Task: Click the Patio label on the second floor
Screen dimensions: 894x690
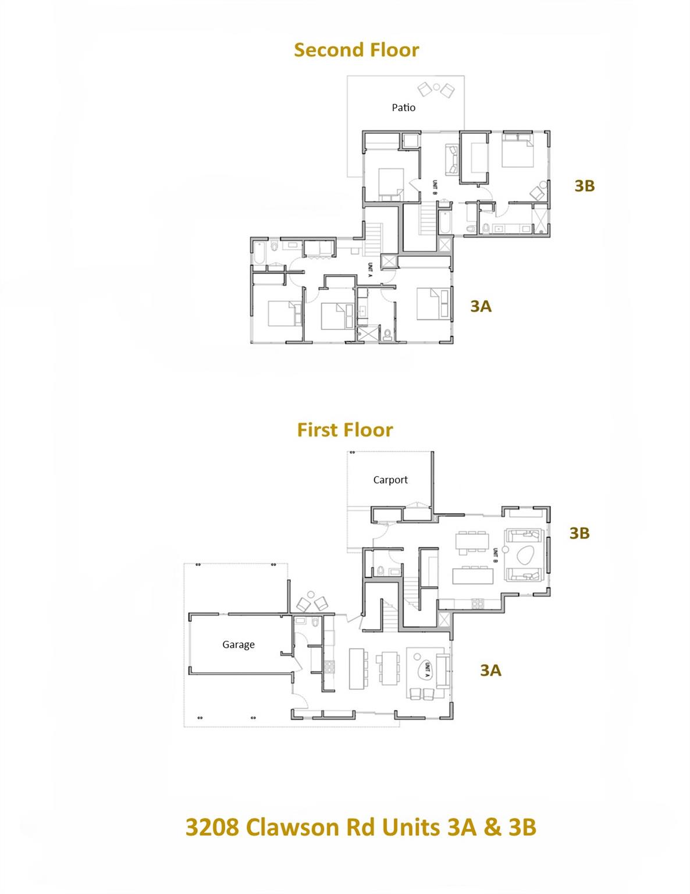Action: pyautogui.click(x=403, y=108)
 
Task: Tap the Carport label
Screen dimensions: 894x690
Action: pyautogui.click(x=390, y=480)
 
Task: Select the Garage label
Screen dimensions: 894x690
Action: pyautogui.click(x=238, y=645)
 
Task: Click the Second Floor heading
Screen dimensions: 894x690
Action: pyautogui.click(x=356, y=50)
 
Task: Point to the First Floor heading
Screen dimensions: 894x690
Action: pyautogui.click(x=345, y=430)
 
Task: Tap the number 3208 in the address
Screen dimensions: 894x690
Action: pyautogui.click(x=212, y=827)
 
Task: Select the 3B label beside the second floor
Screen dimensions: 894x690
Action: pyautogui.click(x=584, y=186)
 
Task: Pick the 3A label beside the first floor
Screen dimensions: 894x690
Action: pyautogui.click(x=490, y=670)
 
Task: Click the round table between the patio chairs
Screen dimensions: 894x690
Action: pyautogui.click(x=436, y=87)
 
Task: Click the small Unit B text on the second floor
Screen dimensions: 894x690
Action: pyautogui.click(x=434, y=186)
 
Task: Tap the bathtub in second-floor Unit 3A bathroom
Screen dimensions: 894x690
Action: pyautogui.click(x=259, y=254)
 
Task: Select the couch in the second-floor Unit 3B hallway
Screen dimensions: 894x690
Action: pyautogui.click(x=452, y=159)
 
